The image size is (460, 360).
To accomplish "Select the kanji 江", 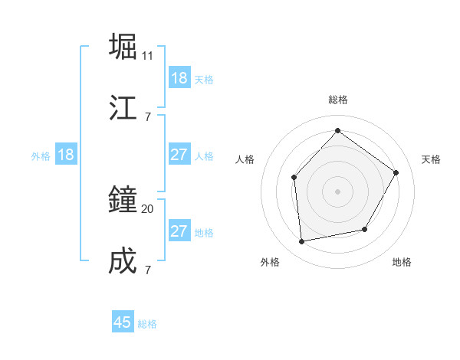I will [123, 107].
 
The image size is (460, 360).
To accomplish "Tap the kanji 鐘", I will [123, 200].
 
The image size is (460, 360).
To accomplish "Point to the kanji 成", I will [123, 261].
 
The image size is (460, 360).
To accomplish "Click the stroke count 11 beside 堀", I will [148, 56].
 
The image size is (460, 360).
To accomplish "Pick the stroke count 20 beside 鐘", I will [148, 208].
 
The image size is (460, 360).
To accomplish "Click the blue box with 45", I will [123, 322].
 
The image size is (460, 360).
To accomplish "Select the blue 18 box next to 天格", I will [179, 78].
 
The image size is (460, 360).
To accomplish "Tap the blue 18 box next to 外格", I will [66, 155].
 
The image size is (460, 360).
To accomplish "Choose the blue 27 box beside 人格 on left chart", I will [179, 155].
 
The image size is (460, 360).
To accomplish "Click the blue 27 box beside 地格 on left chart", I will [179, 231].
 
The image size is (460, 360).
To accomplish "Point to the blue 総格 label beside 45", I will [147, 324].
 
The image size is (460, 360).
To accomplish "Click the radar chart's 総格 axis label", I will [338, 100].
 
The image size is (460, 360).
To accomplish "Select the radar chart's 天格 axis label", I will [431, 159].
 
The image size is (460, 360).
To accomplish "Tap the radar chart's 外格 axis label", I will [270, 262].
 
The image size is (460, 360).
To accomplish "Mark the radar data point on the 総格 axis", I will [337, 131].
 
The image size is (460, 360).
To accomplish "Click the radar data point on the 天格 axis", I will [396, 172].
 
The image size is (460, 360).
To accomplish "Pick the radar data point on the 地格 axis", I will [365, 229].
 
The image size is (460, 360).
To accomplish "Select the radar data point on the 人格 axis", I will [294, 178].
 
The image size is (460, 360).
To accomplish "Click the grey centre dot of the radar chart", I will [337, 191].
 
